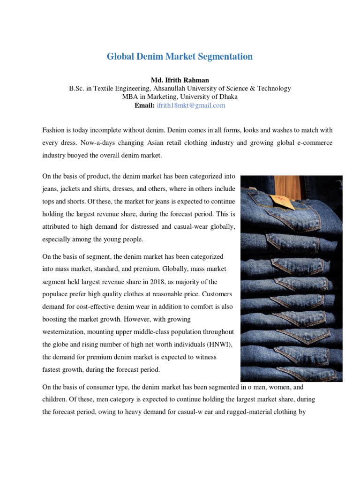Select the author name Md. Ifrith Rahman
pyautogui.click(x=180, y=80)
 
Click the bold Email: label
pyautogui.click(x=144, y=105)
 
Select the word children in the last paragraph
pyautogui.click(x=55, y=400)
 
